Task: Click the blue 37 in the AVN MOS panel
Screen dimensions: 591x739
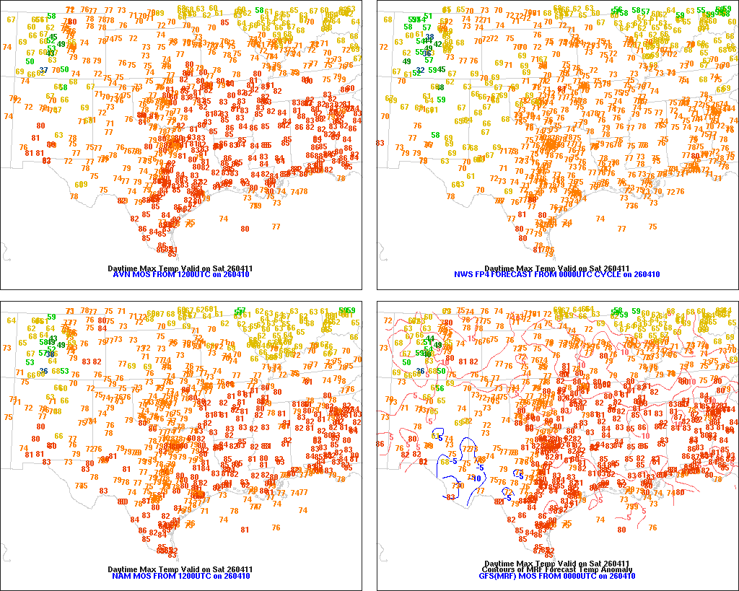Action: [x=44, y=70]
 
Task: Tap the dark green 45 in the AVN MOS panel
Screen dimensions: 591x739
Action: [x=53, y=37]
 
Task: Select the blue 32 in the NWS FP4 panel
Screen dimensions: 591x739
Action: [x=419, y=70]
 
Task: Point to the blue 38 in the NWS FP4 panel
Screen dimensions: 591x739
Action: [x=429, y=37]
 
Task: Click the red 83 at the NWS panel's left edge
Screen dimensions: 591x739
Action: [x=380, y=143]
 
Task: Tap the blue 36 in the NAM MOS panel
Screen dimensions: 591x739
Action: [x=44, y=371]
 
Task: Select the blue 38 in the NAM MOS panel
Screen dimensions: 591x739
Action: [x=51, y=354]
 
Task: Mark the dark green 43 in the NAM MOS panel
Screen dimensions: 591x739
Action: [x=53, y=338]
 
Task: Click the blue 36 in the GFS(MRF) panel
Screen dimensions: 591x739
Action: [x=420, y=371]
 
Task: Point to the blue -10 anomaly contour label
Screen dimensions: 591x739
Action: [x=476, y=478]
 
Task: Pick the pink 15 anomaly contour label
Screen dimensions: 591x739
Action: [x=471, y=339]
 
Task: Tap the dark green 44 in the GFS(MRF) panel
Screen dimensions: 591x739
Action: [x=430, y=338]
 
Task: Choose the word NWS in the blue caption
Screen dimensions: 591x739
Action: [x=463, y=275]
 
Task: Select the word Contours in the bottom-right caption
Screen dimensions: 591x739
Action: [x=497, y=569]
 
